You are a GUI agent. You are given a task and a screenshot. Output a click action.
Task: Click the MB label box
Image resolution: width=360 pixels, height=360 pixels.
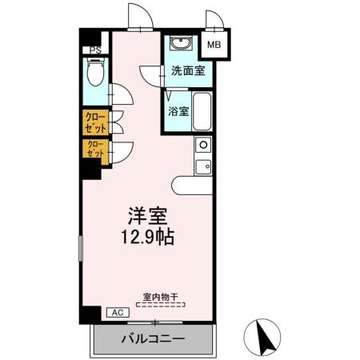point(214,46)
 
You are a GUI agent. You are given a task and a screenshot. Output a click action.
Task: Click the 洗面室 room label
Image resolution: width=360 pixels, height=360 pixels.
point(187,70)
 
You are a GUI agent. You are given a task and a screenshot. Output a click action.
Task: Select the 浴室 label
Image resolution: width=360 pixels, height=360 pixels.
point(178,111)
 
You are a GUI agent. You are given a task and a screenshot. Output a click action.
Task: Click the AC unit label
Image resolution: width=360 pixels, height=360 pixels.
point(114,313)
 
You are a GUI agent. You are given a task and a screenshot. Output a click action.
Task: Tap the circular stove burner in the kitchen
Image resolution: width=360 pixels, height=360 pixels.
point(202,146)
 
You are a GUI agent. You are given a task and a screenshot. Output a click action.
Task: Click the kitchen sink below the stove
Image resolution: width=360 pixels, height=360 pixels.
point(202,166)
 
